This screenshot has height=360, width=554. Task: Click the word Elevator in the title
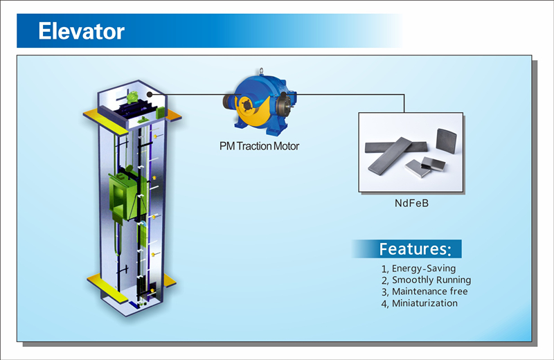point(81,31)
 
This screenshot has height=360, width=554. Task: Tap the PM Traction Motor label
point(259,146)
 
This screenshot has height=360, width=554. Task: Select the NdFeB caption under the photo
point(411,203)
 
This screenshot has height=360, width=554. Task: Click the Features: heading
point(415,249)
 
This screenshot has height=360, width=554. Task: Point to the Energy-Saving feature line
point(419,269)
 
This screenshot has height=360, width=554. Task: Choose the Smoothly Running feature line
point(426,280)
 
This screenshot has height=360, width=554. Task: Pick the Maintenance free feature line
point(425,292)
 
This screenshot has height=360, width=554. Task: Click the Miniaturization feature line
point(420,303)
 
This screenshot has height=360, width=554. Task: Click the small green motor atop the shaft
point(133,96)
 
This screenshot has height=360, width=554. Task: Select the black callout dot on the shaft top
point(150,94)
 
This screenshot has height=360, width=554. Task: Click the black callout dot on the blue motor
point(283,95)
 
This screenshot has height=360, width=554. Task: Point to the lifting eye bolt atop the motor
point(261,71)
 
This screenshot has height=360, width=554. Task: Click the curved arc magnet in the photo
point(446,141)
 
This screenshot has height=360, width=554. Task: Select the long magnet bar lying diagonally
point(390,156)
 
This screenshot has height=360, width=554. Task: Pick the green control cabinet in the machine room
point(161,112)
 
